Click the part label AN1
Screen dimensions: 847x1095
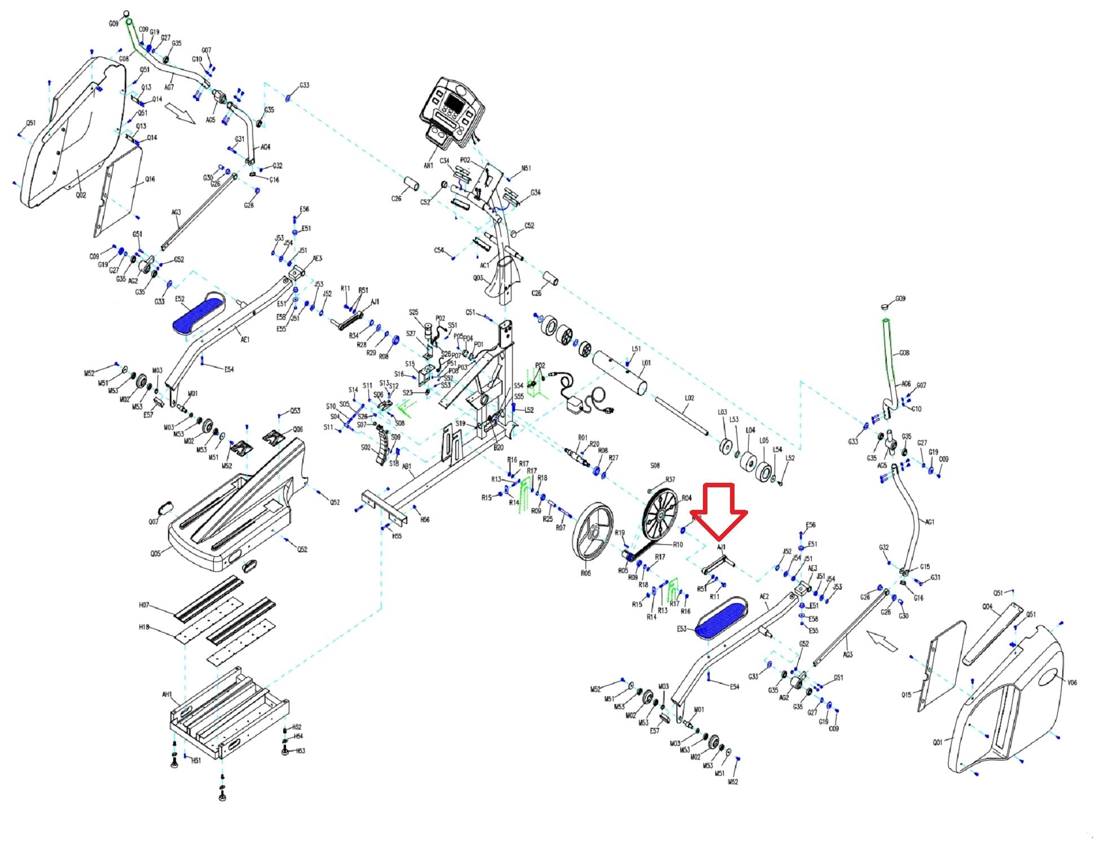coord(428,165)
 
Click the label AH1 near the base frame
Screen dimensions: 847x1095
coord(167,695)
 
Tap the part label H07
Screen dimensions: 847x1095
coord(144,605)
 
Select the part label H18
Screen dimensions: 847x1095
coord(144,627)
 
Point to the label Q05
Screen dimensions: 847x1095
coord(155,553)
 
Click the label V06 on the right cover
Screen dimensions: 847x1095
coord(1072,683)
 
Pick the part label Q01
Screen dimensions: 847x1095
coord(937,742)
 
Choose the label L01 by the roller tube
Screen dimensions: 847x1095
coord(646,363)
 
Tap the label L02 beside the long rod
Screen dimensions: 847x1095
coord(689,398)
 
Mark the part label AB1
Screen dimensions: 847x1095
coord(406,466)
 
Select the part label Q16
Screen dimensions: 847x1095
coord(149,179)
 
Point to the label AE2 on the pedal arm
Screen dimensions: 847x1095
coord(764,596)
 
